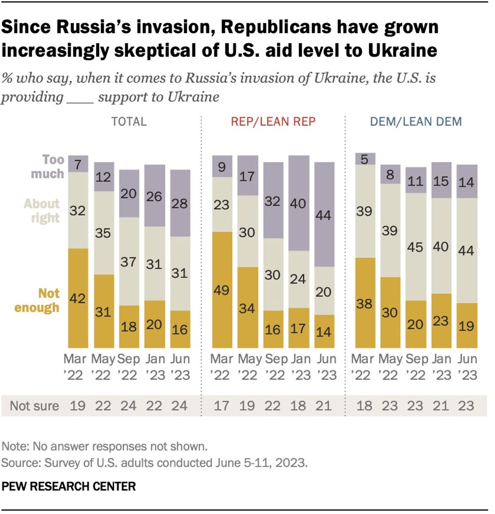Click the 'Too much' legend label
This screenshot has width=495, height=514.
tap(47, 167)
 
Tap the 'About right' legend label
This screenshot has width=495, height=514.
tap(42, 211)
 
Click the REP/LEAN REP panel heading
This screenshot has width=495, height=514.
tap(273, 122)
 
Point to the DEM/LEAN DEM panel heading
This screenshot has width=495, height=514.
tap(416, 122)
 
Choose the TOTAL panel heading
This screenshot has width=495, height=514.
tap(129, 122)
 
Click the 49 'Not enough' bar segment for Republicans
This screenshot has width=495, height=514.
tap(222, 290)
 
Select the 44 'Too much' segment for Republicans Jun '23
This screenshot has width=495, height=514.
tap(324, 215)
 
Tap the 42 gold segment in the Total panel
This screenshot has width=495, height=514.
tap(78, 298)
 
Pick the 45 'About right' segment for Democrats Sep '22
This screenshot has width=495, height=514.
tap(416, 247)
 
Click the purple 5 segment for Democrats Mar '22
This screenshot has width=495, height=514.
tap(365, 159)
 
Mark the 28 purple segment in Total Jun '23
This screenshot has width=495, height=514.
tap(180, 203)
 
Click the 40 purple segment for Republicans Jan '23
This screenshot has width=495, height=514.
tap(299, 203)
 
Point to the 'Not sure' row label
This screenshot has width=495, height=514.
tap(34, 406)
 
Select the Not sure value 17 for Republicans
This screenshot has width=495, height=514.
tap(222, 406)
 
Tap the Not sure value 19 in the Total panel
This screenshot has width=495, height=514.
tap(78, 406)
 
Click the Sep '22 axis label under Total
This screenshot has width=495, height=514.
tap(128, 367)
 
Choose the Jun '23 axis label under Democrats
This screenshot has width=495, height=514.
tap(467, 367)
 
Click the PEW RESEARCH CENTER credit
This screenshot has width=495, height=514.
tap(69, 487)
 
